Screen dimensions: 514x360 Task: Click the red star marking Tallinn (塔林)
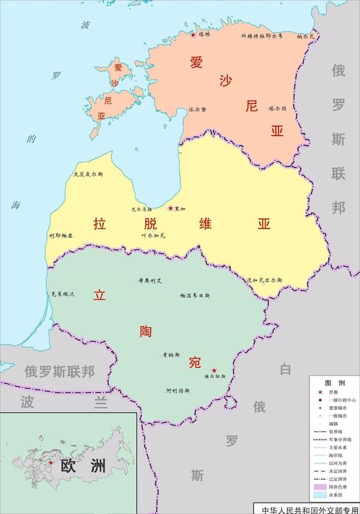(x=193, y=35)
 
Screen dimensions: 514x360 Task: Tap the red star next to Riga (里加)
(x=170, y=208)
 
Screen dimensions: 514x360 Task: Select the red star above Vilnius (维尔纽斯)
(x=214, y=370)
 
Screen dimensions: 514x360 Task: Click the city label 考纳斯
(x=171, y=355)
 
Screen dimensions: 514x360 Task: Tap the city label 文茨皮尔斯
(x=88, y=175)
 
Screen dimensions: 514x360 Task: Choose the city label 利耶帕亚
(x=61, y=236)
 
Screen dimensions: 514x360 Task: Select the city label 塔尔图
(x=277, y=108)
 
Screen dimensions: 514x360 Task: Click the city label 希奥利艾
(x=150, y=280)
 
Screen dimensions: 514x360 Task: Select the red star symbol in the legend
(x=320, y=392)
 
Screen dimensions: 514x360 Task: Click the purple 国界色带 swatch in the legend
(x=320, y=487)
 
